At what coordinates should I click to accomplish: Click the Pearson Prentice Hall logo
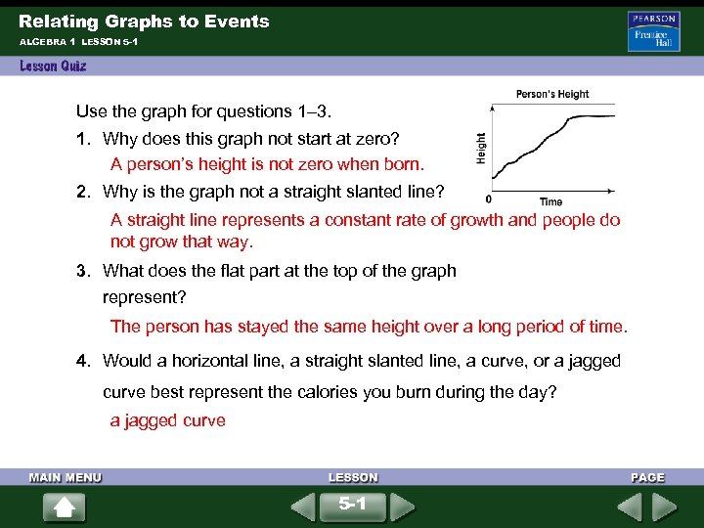(x=653, y=32)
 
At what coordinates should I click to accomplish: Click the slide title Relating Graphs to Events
(x=144, y=21)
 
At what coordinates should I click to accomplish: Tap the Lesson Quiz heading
(x=53, y=66)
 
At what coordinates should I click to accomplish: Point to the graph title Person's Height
(x=552, y=95)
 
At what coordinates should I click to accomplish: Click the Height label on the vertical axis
(x=480, y=148)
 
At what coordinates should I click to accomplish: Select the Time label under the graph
(x=551, y=202)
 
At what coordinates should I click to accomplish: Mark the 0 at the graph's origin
(x=489, y=199)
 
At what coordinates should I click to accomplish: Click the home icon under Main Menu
(x=65, y=506)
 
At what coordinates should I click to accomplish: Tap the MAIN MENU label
(x=65, y=478)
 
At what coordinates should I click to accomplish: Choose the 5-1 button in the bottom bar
(x=352, y=506)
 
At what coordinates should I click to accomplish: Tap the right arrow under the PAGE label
(x=665, y=506)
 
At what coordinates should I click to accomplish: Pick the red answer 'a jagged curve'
(x=167, y=420)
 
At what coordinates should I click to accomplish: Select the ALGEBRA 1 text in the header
(x=46, y=43)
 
